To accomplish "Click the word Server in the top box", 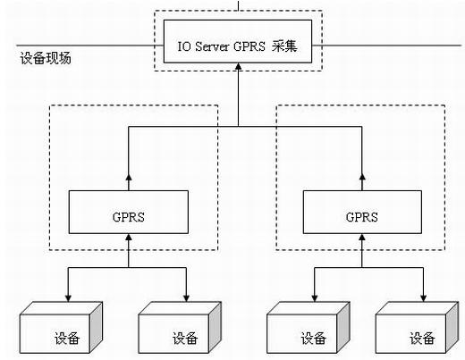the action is click(212, 46).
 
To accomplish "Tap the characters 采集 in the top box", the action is click(284, 46).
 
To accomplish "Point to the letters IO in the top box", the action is click(184, 46).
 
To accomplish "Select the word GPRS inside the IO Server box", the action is click(249, 46).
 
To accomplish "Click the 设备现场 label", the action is click(46, 58).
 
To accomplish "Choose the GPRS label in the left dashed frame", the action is click(129, 217).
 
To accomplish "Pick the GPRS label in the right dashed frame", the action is click(362, 217).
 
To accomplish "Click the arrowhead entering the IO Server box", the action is click(238, 66).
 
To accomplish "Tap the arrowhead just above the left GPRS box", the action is click(129, 177).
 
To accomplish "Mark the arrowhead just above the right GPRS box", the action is click(362, 177).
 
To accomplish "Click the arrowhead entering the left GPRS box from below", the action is click(129, 238).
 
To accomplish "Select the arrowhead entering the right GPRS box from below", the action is click(362, 238).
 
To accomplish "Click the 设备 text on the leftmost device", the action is click(67, 339).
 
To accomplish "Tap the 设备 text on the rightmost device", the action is click(422, 339).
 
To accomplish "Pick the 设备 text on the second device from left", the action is click(185, 339).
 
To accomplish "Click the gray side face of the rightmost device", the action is click(452, 327).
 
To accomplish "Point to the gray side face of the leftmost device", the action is click(97, 327).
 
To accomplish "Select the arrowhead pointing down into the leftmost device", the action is click(68, 298).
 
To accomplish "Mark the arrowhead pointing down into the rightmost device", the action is click(423, 298).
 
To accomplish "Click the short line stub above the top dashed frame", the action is click(238, 5).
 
